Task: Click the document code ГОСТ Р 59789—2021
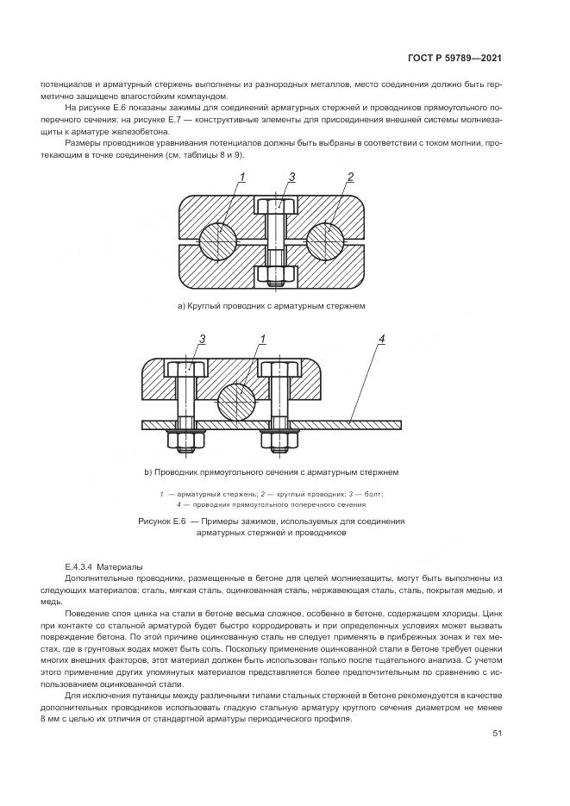coord(454,59)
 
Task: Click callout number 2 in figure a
coord(351,178)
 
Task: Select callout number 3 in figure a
coord(292,177)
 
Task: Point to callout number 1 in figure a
coord(243,178)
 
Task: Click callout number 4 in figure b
coord(380,339)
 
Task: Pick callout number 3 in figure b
coord(202,339)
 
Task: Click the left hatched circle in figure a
coord(219,240)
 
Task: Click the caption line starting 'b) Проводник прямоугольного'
coord(272,472)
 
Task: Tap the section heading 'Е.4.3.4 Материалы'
coord(105,566)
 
